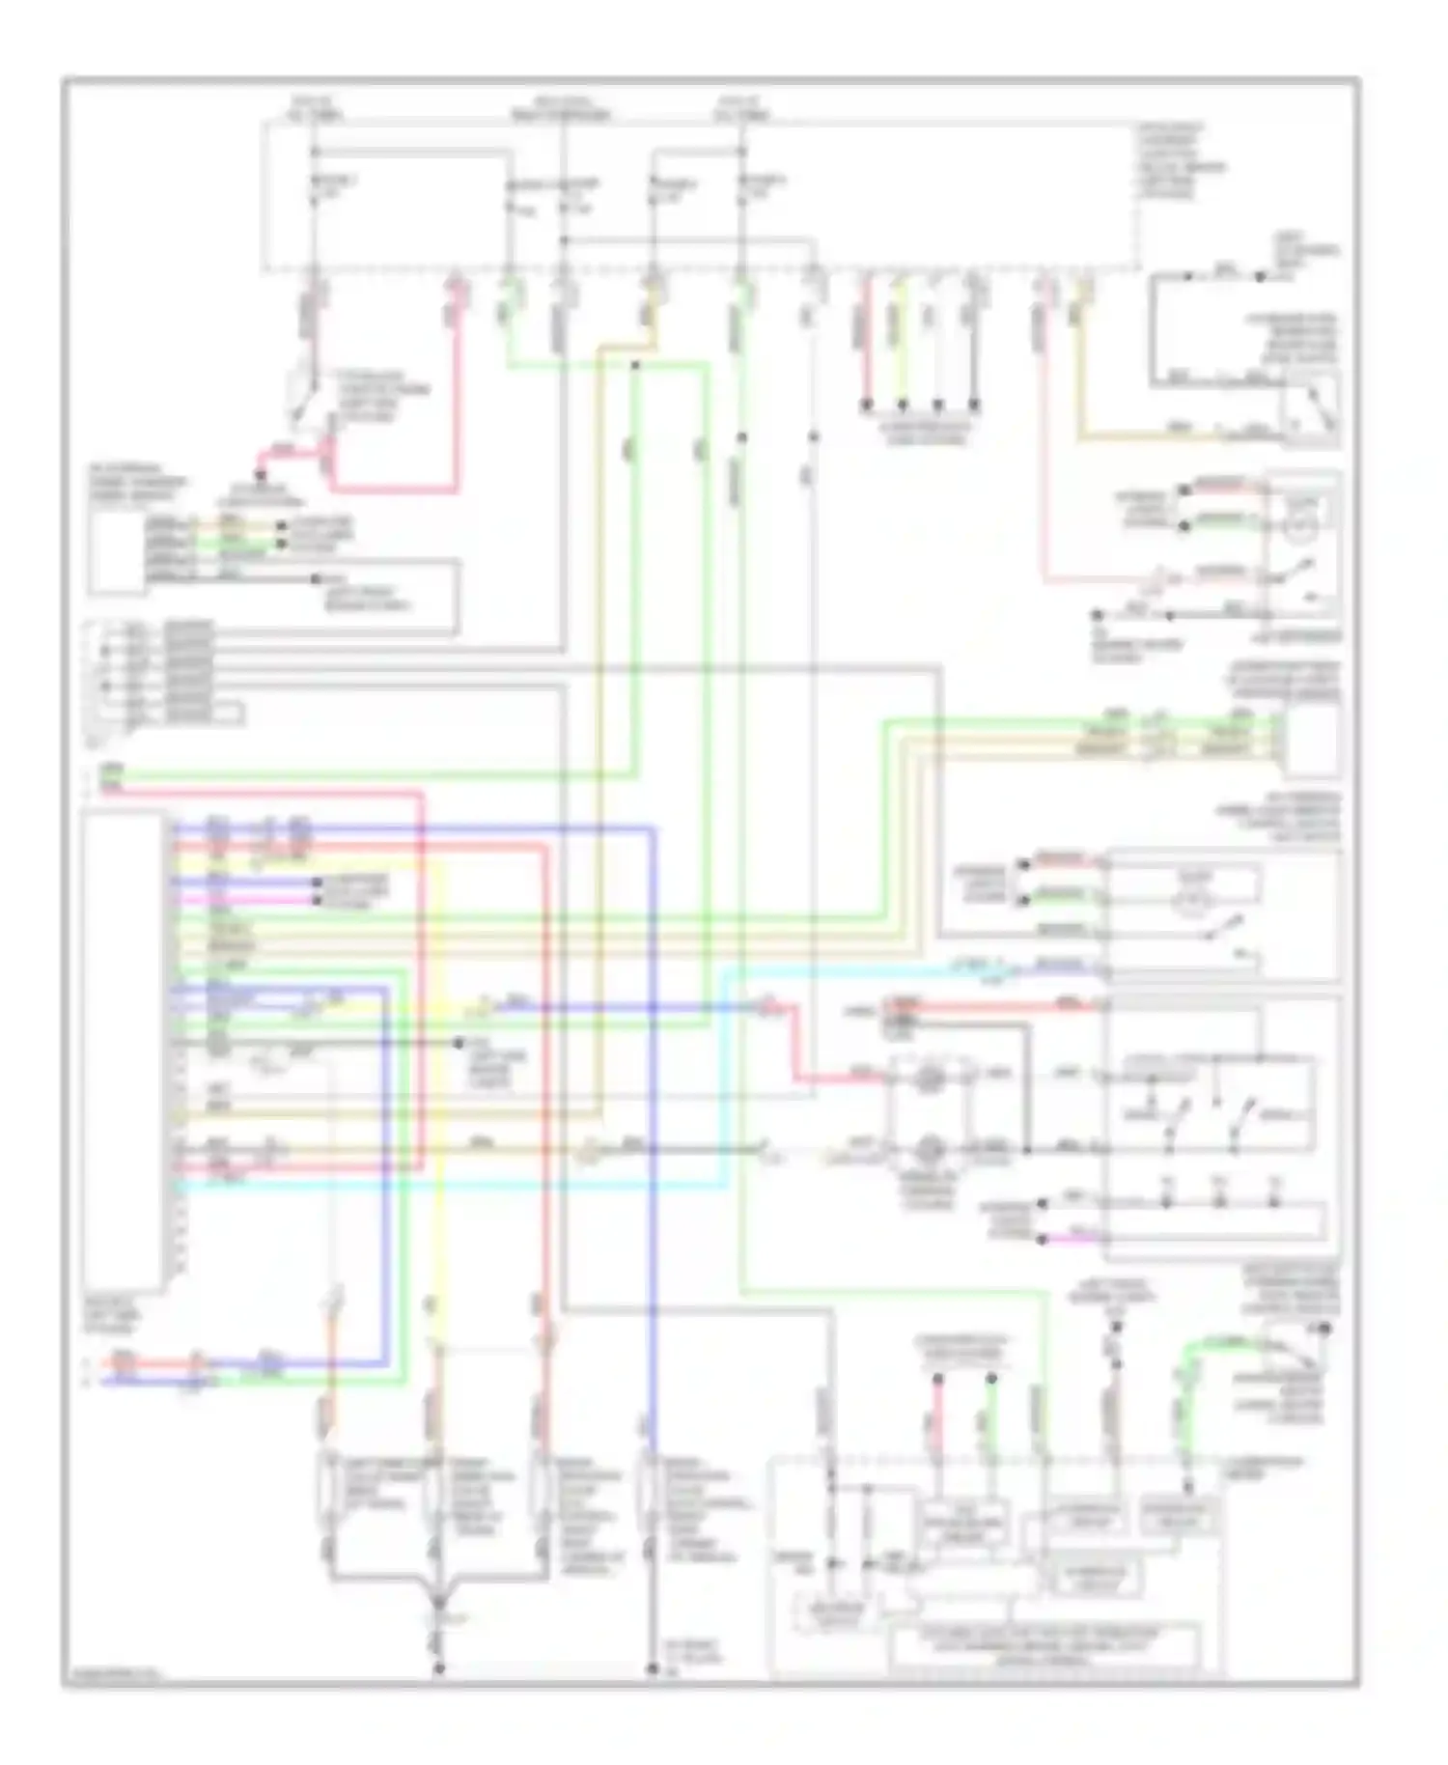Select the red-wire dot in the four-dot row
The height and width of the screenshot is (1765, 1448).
click(x=866, y=403)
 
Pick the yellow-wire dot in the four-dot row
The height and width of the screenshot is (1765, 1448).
click(x=902, y=403)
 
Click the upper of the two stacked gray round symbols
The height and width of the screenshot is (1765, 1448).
click(x=929, y=1076)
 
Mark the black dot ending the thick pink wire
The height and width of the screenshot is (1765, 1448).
click(x=260, y=475)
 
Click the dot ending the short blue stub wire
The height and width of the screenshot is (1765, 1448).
click(x=316, y=882)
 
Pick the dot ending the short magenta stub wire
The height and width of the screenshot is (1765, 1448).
click(x=316, y=900)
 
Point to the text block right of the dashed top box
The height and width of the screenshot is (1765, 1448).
click(x=1182, y=160)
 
